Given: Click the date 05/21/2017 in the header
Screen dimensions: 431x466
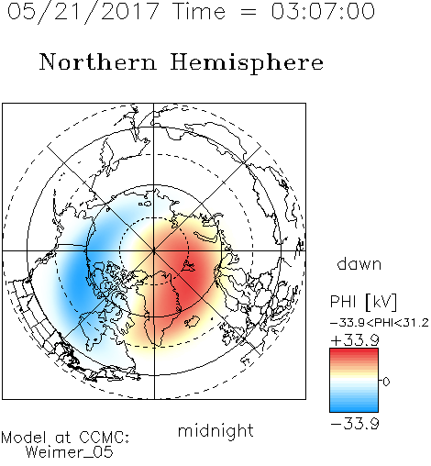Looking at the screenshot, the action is point(83,12).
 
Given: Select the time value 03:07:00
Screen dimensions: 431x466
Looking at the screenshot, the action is point(323,11).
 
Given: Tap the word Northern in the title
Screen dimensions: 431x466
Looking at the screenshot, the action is point(98,61).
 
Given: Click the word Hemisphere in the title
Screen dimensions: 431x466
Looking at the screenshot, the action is point(247,63).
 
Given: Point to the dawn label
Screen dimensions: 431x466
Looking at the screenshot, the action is point(359,263).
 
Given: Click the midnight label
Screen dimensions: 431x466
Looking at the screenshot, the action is point(215,431).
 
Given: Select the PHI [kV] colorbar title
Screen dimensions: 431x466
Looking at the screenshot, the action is point(363,302).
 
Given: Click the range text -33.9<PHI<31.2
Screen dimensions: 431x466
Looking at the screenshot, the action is point(380,323).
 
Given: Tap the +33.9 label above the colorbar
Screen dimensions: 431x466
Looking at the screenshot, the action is point(355,340).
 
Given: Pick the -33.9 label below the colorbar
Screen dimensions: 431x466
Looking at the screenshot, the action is point(355,424).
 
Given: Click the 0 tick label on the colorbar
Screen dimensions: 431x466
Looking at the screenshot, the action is point(386,382).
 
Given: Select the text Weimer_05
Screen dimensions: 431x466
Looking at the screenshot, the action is point(70,452).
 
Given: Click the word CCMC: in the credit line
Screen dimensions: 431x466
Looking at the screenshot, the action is point(104,438).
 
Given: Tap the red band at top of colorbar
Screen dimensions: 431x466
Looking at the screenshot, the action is point(354,352).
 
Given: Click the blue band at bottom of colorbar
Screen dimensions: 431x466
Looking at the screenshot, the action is point(354,408).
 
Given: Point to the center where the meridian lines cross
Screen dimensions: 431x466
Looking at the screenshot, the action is point(154,250).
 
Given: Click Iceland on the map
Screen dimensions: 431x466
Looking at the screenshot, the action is point(192,322).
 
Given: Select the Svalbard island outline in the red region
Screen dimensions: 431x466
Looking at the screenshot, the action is point(188,266).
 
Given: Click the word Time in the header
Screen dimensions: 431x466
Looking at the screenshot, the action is point(199,11).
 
